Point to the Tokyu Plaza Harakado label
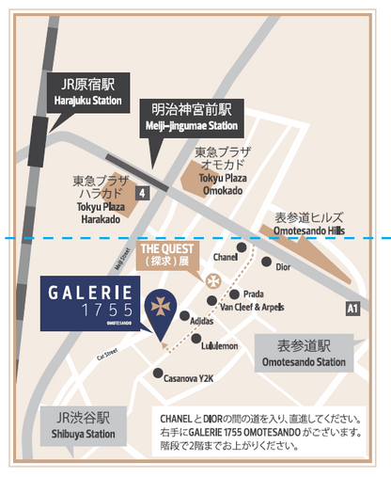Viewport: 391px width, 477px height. [x=97, y=199]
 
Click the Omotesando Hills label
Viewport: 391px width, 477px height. [x=309, y=223]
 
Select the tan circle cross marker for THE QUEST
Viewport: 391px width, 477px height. [x=213, y=281]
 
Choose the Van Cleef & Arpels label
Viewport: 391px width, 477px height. [x=251, y=306]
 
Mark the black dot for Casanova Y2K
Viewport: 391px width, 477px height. [x=157, y=373]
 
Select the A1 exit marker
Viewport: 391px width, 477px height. [x=352, y=308]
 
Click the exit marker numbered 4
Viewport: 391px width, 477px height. [x=142, y=192]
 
